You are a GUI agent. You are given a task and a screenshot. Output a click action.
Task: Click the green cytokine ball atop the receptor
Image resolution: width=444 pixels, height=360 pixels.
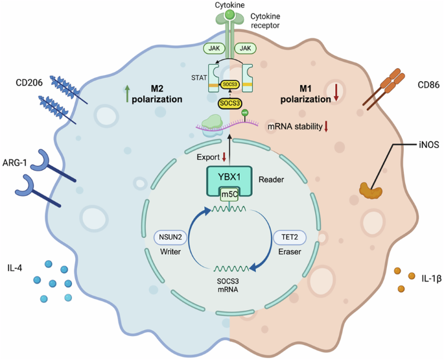pyautogui.click(x=229, y=14)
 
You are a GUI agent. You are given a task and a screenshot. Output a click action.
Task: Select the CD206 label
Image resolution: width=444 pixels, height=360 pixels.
pyautogui.click(x=32, y=83)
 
